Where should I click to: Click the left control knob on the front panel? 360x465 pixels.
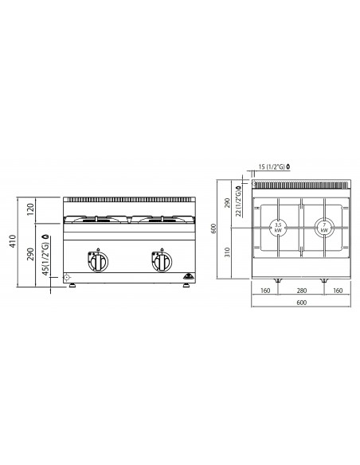pyautogui.click(x=101, y=260)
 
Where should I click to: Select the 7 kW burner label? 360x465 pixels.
pyautogui.click(x=324, y=227)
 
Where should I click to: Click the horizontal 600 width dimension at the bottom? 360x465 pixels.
pyautogui.click(x=301, y=303)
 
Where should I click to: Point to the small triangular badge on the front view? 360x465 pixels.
pyautogui.click(x=187, y=276)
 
